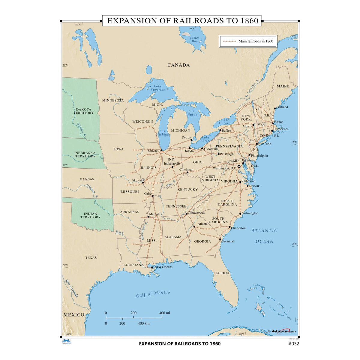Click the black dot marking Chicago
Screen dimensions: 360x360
point(161,150)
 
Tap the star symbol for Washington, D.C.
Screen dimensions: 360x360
point(239,166)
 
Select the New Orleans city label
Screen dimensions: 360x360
point(163,267)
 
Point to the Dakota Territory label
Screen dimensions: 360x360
point(85,111)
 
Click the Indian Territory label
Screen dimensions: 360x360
point(90,215)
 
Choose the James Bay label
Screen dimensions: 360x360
point(194,40)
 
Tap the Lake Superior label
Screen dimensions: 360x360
point(158,88)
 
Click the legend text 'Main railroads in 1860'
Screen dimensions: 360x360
point(256,41)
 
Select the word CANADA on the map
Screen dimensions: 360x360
point(178,65)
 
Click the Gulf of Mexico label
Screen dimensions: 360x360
point(153,294)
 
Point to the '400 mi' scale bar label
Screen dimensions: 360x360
point(165,313)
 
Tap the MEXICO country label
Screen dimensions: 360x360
point(74,315)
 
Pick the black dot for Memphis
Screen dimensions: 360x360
point(148,216)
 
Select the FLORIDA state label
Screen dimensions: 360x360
point(221,273)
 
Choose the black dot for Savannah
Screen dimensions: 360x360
point(220,239)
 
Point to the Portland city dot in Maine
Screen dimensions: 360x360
point(275,108)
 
